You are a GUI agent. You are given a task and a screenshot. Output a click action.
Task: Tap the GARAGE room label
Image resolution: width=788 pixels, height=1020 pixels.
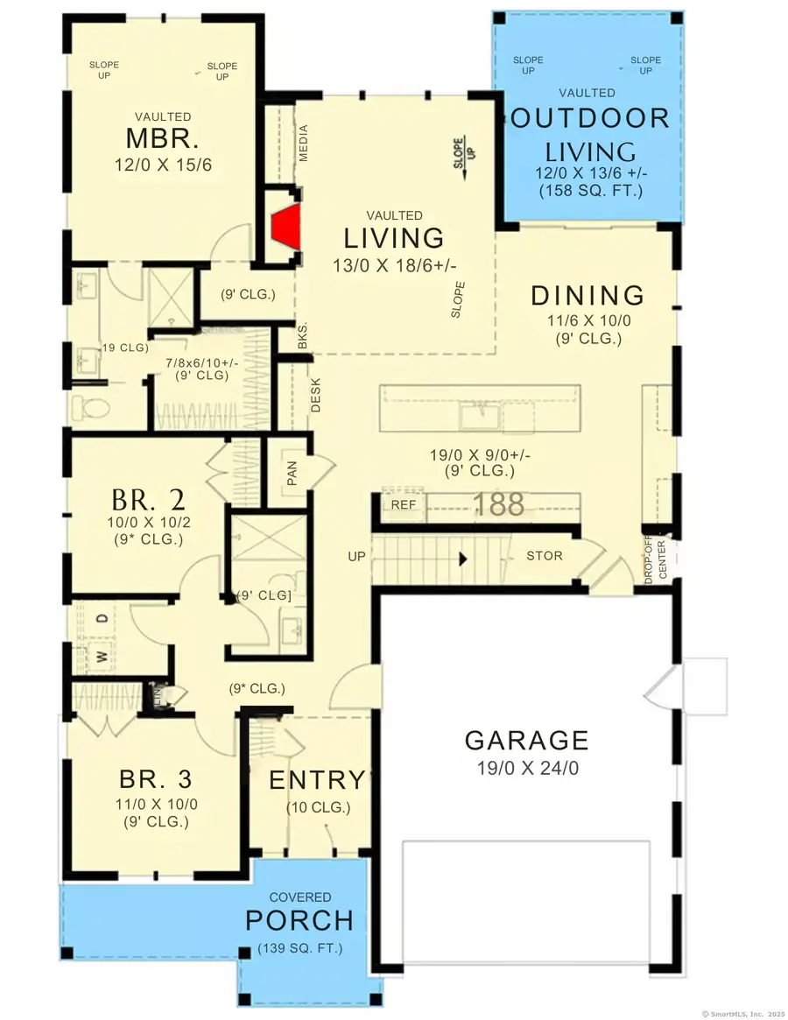(x=526, y=740)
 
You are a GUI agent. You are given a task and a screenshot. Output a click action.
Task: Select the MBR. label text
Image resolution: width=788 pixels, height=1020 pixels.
(x=163, y=139)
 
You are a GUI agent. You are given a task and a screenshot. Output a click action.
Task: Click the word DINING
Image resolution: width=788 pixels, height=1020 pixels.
(x=587, y=296)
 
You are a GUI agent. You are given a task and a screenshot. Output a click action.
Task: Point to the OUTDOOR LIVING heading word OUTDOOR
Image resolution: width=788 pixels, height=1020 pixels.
(x=589, y=119)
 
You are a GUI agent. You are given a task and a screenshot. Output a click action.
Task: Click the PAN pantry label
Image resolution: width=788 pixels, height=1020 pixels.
(x=292, y=476)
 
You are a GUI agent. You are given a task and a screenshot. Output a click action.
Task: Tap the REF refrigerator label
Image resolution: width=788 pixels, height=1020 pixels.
(x=404, y=505)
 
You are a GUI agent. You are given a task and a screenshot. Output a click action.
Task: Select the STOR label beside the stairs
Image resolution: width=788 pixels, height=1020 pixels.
(x=544, y=555)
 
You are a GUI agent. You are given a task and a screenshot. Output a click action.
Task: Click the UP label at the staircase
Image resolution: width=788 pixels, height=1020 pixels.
(x=356, y=555)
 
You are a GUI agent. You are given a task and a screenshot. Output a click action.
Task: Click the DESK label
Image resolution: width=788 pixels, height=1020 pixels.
(x=316, y=395)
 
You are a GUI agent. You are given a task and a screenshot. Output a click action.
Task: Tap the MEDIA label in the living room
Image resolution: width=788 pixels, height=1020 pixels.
(x=304, y=143)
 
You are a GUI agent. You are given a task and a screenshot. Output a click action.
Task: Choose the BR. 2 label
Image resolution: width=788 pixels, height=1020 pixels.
(x=148, y=500)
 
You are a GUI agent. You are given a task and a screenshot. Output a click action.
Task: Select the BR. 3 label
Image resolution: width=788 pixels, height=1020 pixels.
(x=155, y=778)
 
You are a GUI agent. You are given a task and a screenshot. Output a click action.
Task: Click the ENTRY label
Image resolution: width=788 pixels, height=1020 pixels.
(x=316, y=779)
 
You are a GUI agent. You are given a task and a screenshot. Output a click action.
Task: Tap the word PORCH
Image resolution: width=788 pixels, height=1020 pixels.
(x=299, y=921)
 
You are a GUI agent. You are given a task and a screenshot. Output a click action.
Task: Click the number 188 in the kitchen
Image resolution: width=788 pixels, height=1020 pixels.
(x=499, y=504)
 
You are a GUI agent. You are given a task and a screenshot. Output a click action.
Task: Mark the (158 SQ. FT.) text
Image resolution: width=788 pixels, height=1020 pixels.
(x=591, y=190)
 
